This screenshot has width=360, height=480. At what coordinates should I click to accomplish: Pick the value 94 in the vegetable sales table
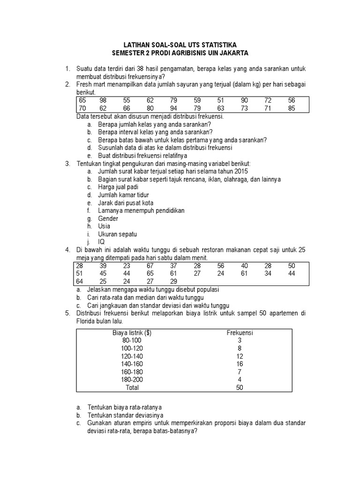pos(174,108)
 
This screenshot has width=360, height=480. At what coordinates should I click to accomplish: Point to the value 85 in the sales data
pos(292,108)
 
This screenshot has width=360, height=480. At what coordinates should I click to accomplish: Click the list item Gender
pos(108,218)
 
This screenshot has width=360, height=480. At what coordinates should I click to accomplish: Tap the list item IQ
pos(101,242)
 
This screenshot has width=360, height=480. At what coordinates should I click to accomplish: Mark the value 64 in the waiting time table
pos(80,281)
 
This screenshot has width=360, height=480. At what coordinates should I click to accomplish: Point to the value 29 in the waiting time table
pos(173,281)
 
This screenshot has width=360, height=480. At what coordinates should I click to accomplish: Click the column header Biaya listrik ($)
pos(132,333)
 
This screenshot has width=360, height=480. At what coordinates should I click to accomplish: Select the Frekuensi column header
pos(240,333)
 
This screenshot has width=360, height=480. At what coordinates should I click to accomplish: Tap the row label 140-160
pos(132,364)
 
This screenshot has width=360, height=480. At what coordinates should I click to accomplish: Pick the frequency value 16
pos(240,364)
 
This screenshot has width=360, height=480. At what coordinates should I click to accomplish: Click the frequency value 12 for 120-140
pos(240,356)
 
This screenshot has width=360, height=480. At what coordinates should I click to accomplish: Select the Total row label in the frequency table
pos(132,388)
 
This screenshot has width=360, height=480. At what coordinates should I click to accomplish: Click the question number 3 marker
pos(67,163)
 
